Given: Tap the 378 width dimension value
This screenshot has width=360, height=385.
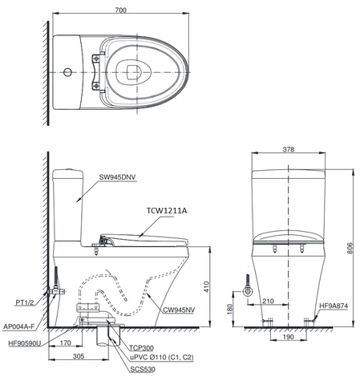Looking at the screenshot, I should coord(288,149).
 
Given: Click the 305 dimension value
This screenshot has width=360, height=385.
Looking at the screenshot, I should coord(78,356).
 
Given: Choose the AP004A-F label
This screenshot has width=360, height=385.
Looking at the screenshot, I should coord(23,326).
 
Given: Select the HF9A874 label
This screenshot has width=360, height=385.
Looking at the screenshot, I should coord(334,306).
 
